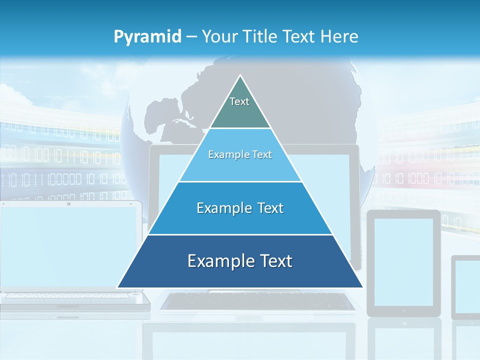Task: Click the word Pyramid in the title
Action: click(x=147, y=37)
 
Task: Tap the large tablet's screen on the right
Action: click(x=403, y=261)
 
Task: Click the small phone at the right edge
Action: click(x=466, y=287)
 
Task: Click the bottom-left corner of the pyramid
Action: click(x=117, y=287)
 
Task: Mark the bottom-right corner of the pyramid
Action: click(x=363, y=287)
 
